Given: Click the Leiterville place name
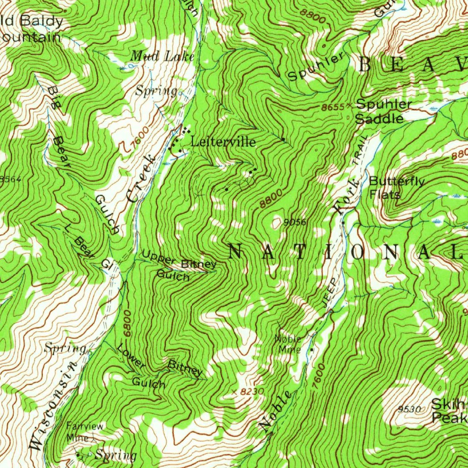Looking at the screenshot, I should (x=223, y=142).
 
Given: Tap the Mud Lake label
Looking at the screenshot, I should (x=163, y=56).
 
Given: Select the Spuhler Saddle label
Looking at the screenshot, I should (x=383, y=111).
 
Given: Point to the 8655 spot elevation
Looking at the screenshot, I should (x=333, y=107).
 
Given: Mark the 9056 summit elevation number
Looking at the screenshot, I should (x=294, y=223).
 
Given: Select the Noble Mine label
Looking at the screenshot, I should (x=288, y=344).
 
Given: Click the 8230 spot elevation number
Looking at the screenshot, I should (x=251, y=392).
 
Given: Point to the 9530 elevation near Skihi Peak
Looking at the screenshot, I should (x=409, y=409).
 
